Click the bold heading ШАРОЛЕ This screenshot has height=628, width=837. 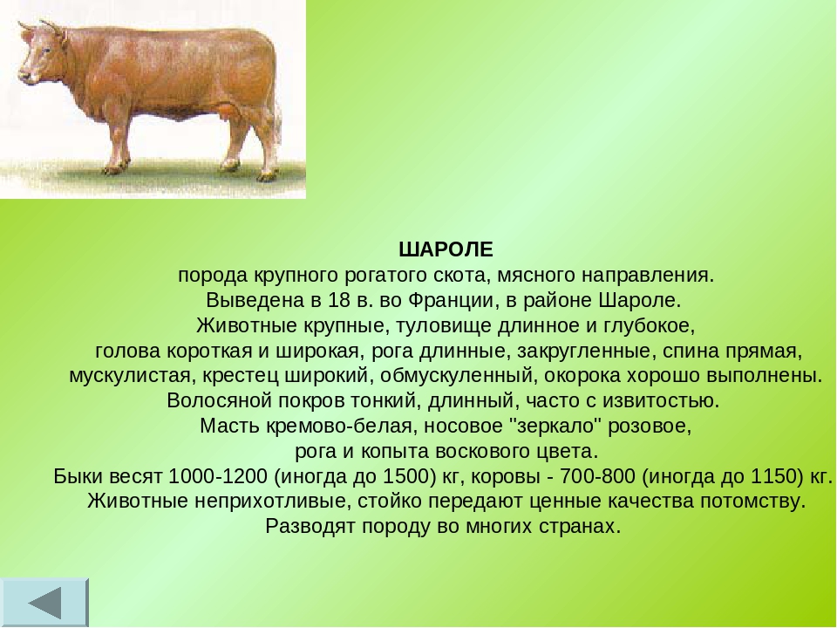[x=446, y=249]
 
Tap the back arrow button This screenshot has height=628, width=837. [x=44, y=603]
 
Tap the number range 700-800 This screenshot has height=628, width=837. [x=597, y=476]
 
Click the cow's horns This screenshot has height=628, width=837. [x=42, y=28]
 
